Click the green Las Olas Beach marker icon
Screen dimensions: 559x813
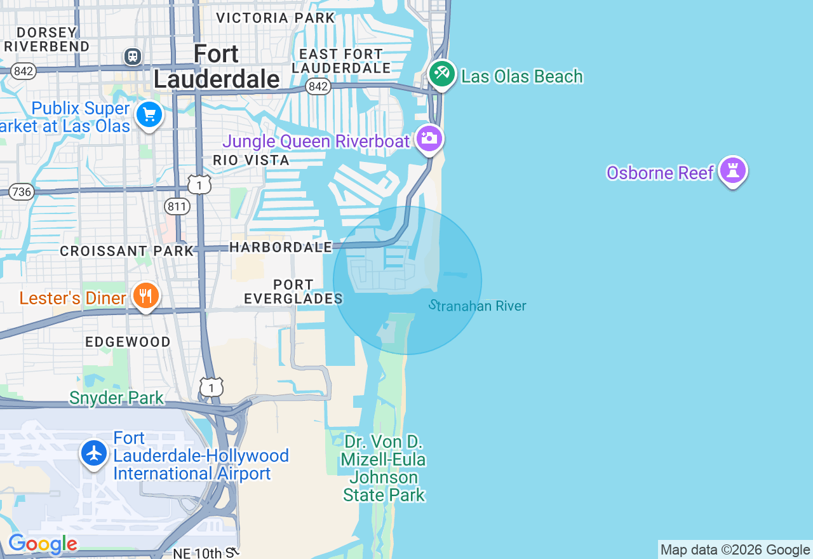442,74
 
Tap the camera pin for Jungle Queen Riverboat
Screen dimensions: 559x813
429,138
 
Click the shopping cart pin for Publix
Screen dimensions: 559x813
149,115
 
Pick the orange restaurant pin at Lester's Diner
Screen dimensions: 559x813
146,295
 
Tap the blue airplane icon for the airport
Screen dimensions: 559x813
95,454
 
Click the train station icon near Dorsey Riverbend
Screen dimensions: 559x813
133,57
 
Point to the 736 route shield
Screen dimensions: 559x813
22,192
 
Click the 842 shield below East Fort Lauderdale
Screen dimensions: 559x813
318,86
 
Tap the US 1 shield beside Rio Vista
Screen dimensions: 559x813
199,185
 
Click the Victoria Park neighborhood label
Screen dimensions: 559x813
276,18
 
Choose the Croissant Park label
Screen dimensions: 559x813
126,251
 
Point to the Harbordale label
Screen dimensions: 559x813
281,246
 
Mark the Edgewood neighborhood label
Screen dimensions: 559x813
128,342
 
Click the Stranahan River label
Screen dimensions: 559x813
478,306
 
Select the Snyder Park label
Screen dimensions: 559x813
117,398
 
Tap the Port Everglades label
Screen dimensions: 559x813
293,292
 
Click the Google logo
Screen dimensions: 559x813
43,544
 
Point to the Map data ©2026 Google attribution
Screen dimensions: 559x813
735,549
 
